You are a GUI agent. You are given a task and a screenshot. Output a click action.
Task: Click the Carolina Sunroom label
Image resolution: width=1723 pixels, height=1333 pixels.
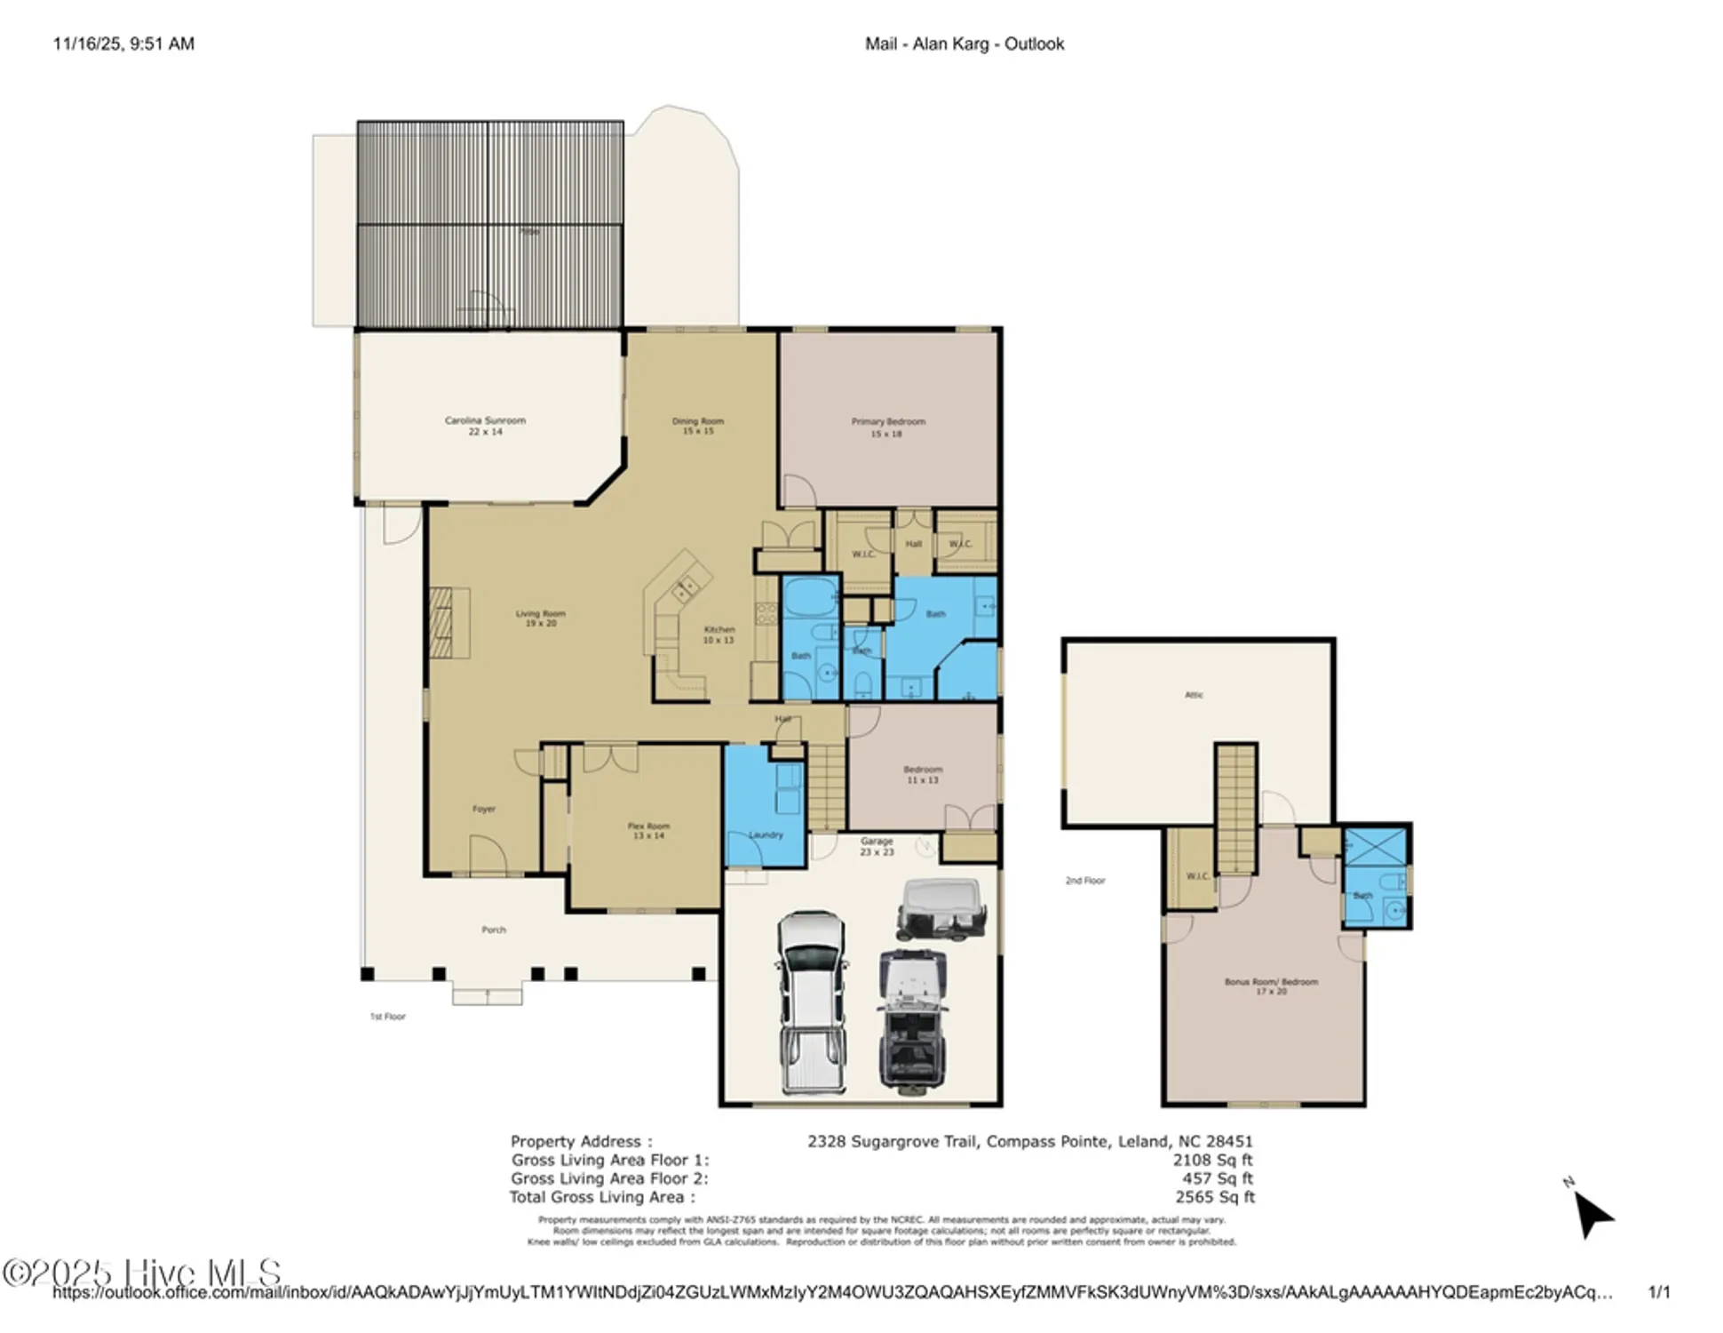coord(485,425)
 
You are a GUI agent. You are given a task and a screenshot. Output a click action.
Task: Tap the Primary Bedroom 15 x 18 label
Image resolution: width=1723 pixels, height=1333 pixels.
coord(887,427)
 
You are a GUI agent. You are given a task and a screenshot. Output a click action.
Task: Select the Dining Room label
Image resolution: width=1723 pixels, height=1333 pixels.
coord(697,426)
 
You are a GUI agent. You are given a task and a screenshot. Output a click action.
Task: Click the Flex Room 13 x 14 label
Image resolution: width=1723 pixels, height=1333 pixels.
coord(648,830)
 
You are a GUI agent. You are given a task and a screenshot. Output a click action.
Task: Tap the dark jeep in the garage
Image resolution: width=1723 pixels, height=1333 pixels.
coord(913,1020)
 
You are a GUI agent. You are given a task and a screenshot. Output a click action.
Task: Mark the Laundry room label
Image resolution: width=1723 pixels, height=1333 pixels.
coord(766,834)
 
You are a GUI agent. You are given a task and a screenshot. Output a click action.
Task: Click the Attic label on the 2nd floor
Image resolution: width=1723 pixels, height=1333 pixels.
coord(1194,695)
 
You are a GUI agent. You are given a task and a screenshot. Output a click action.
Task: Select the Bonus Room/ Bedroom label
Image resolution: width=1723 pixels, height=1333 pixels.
coord(1271,986)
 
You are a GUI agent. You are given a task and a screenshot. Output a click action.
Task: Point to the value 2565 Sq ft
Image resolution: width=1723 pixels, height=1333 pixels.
coord(1214,1197)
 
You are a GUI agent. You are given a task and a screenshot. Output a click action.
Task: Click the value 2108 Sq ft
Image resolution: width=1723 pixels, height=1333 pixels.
coord(1211,1160)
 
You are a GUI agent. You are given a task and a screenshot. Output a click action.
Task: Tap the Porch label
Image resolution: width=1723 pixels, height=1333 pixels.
coord(494,930)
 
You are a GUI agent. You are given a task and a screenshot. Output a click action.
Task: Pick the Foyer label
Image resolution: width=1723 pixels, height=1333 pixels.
coord(484,809)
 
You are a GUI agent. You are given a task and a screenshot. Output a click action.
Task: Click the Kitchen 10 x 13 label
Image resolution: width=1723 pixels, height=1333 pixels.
coord(719,634)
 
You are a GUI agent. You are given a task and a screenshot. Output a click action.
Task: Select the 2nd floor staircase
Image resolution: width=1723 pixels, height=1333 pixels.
coord(1235,809)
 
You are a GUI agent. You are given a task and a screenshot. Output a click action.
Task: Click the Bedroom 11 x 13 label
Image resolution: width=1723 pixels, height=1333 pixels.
coord(923,774)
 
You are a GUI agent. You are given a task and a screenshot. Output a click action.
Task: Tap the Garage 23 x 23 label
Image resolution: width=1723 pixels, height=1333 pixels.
coord(877,846)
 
